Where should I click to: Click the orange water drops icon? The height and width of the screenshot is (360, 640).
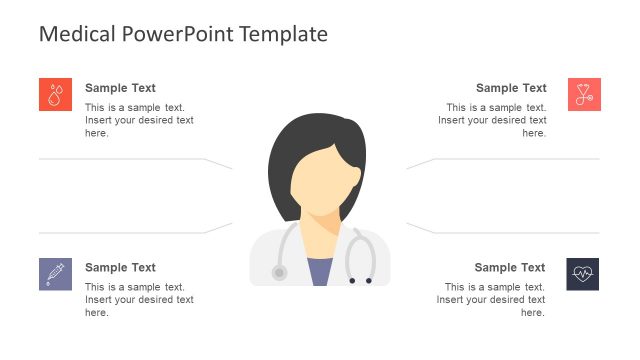55,94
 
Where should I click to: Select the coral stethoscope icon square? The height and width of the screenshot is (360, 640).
583,94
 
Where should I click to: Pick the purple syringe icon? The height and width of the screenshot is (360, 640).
55,273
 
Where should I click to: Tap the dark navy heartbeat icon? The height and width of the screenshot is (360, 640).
583,273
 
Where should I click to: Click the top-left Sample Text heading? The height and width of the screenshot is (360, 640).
120,88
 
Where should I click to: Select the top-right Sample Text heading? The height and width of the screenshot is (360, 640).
511,88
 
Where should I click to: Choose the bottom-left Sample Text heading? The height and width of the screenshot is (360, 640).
120,267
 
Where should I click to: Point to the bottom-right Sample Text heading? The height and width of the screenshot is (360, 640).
510,267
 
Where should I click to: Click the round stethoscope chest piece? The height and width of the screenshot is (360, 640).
280,271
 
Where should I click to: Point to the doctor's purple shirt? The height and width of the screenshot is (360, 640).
320,273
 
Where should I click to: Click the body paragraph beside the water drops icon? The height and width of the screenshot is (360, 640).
139,120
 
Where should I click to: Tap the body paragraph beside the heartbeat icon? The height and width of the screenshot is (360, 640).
491,300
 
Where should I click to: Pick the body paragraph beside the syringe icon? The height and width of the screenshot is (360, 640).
139,300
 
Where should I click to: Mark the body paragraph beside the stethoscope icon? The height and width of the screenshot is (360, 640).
492,120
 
